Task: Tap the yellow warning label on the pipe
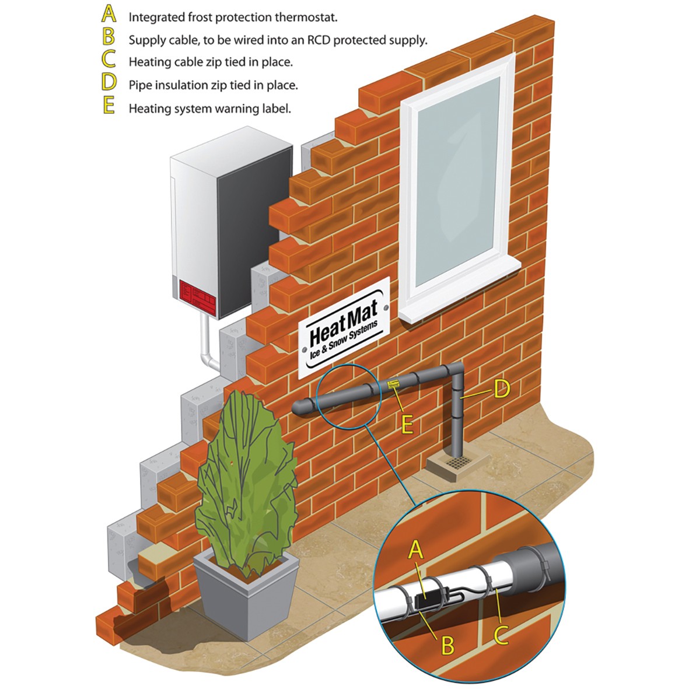pyautogui.click(x=393, y=384)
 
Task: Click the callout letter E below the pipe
pyautogui.click(x=407, y=425)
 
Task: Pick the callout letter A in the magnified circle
pyautogui.click(x=415, y=550)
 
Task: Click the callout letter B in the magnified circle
pyautogui.click(x=447, y=646)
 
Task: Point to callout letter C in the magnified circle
pyautogui.click(x=501, y=635)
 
